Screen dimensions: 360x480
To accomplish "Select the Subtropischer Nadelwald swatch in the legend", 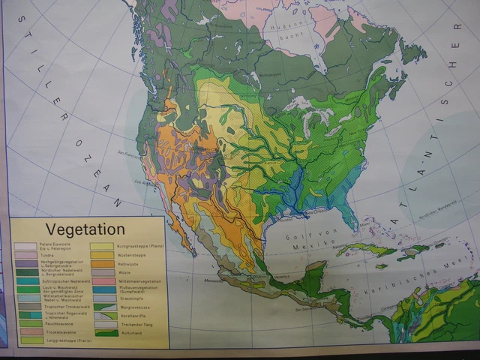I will click(x=25, y=280).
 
